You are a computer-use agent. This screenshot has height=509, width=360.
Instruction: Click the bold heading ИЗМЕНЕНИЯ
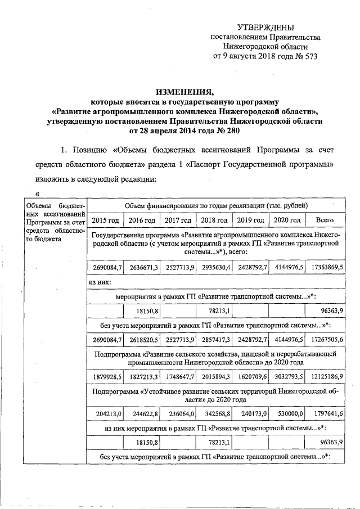[187, 92]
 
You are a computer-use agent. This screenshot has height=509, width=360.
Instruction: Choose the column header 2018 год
[214, 220]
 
